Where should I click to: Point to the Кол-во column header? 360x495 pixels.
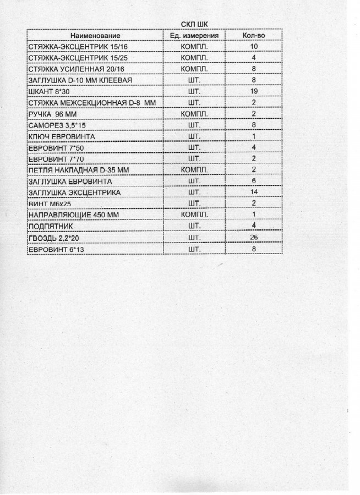tap(254, 36)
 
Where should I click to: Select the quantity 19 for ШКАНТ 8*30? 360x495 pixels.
tap(254, 91)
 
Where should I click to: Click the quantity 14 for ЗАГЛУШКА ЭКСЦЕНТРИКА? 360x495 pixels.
tap(254, 192)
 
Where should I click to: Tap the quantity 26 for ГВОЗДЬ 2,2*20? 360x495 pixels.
tap(254, 237)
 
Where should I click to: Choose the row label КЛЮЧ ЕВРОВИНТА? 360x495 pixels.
tap(61, 136)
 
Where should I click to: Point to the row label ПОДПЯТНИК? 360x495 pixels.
tap(50, 226)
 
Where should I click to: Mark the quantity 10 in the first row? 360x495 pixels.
tap(254, 47)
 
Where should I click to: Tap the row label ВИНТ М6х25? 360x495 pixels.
tap(48, 204)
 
